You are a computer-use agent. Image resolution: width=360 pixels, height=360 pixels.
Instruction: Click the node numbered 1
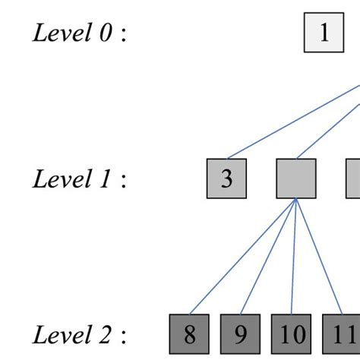click(324, 33)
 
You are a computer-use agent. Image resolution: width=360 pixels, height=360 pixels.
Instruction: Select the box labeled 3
click(226, 179)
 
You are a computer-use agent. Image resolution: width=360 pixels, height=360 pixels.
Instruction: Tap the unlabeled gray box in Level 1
click(295, 179)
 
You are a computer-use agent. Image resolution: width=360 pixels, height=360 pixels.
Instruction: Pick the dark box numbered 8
click(188, 334)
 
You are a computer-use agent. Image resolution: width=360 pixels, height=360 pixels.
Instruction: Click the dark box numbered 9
click(240, 334)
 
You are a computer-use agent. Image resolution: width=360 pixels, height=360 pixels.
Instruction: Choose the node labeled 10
click(292, 334)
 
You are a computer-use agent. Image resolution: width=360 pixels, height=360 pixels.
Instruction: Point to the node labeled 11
click(342, 334)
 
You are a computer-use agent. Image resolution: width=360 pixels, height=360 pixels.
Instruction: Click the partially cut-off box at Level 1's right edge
click(354, 179)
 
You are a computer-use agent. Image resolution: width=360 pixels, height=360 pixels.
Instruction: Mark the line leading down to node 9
click(267, 257)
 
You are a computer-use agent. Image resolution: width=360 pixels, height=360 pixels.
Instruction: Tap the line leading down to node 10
click(293, 257)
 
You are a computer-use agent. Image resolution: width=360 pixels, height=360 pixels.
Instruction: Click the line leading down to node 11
click(318, 257)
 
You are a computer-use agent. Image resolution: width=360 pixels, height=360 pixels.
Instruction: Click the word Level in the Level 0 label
click(57, 34)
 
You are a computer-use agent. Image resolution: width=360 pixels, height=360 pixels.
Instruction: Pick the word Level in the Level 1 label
click(57, 180)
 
